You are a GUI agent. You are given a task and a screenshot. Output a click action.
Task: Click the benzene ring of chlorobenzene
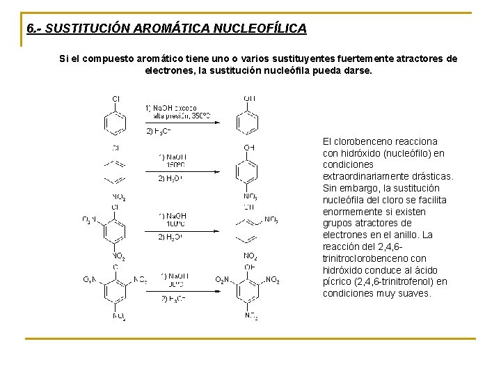point(116,123)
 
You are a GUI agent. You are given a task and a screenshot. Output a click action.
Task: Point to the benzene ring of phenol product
point(248,123)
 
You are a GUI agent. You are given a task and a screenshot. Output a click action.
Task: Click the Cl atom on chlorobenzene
point(116,99)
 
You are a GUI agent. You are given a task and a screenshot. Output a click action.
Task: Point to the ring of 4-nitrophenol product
point(249,172)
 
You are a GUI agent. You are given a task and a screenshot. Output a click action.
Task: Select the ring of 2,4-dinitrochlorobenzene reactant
point(116,230)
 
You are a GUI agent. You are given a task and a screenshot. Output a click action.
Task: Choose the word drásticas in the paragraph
point(431,177)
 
